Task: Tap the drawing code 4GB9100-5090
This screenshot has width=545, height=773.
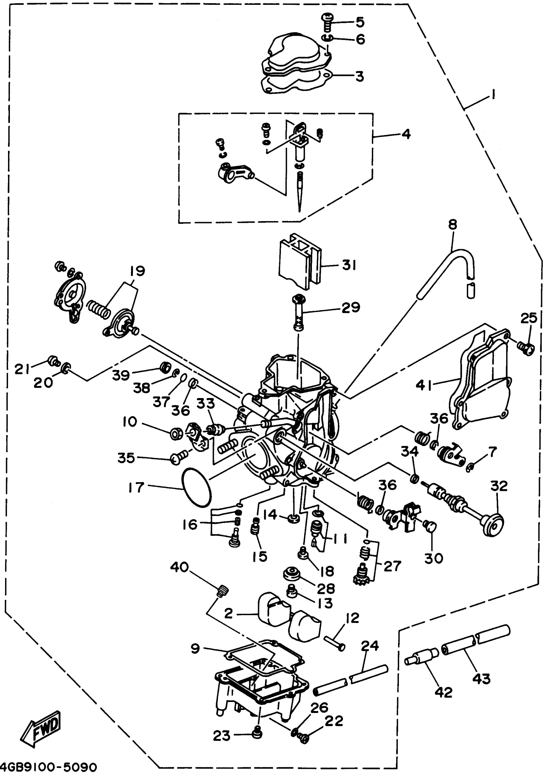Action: pyautogui.click(x=49, y=767)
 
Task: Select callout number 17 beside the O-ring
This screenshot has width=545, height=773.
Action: pyautogui.click(x=136, y=488)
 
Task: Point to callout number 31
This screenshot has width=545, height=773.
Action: pyautogui.click(x=349, y=265)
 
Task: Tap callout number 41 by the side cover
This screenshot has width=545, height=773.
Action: pyautogui.click(x=423, y=385)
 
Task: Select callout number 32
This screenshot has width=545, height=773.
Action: pyautogui.click(x=499, y=486)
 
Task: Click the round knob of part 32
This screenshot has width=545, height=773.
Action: pyautogui.click(x=493, y=525)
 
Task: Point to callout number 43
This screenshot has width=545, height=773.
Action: pyautogui.click(x=481, y=679)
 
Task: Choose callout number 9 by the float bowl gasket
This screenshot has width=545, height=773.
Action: pyautogui.click(x=195, y=649)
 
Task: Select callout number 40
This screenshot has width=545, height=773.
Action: pyautogui.click(x=179, y=567)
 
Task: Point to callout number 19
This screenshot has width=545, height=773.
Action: pyautogui.click(x=137, y=271)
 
